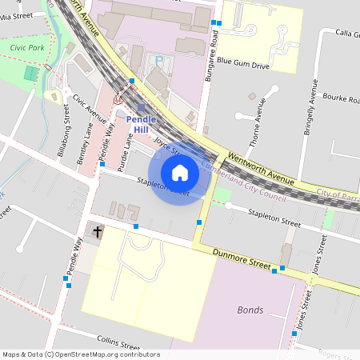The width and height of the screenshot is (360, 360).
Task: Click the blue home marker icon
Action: coord(180,173)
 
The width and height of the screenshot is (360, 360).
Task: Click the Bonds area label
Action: coord(250,310)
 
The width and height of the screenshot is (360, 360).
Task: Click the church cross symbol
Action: coord(98,232)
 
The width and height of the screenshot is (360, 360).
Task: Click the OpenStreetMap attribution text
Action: coord(81,354)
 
